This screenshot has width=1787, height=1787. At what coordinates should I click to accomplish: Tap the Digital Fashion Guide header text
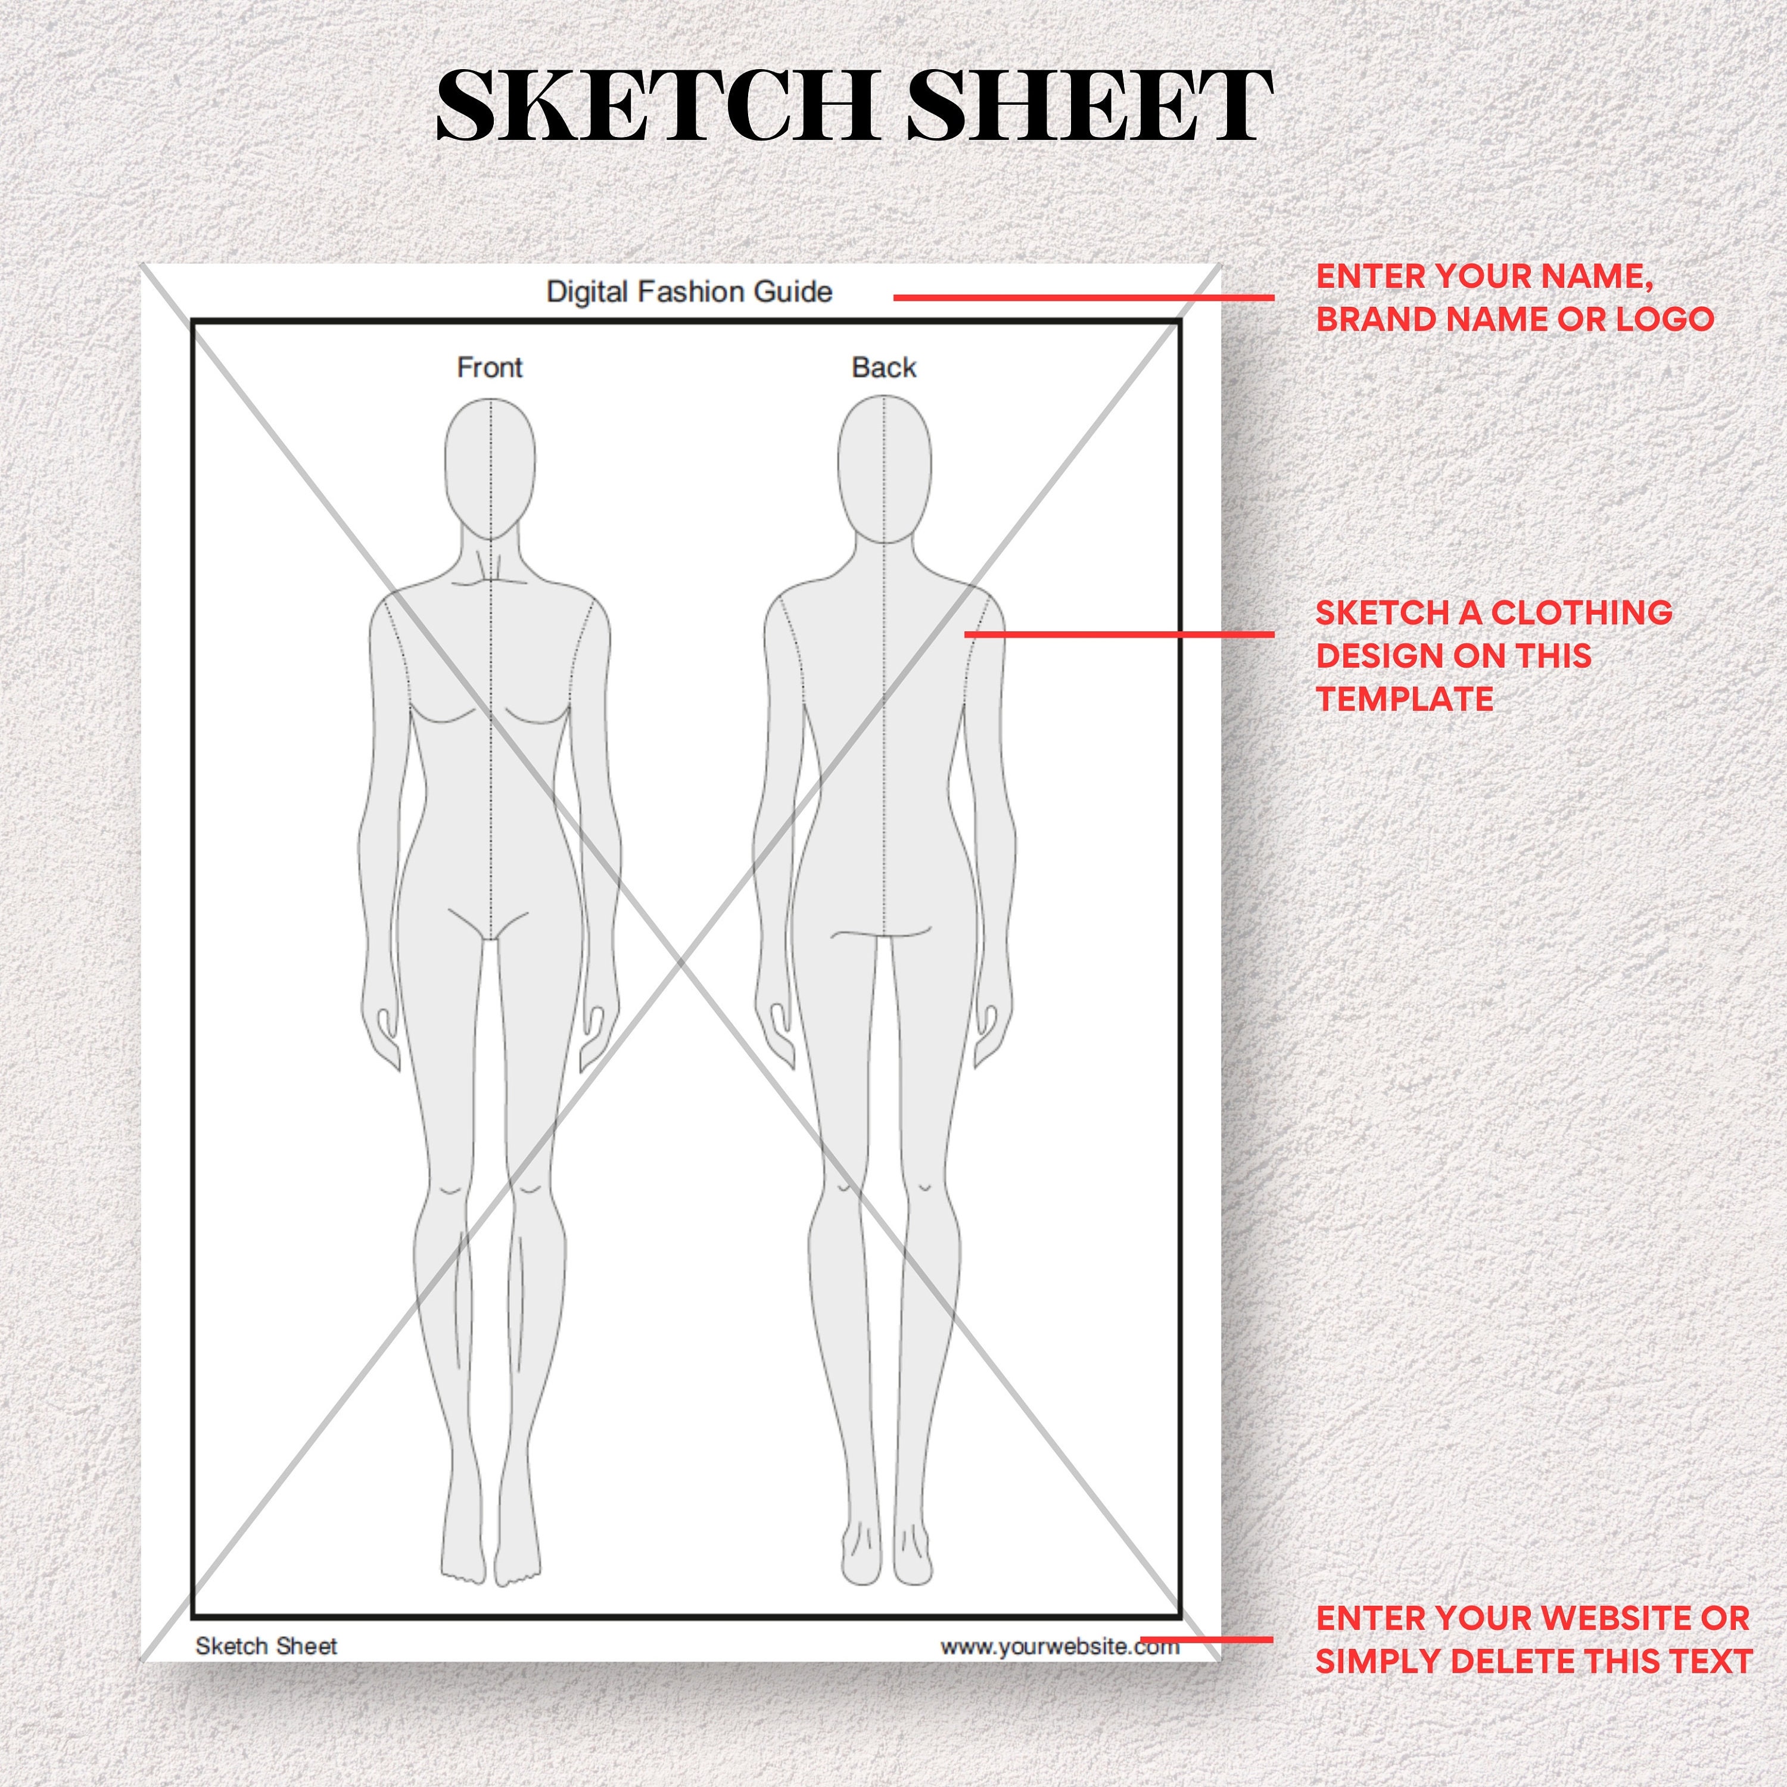[689, 292]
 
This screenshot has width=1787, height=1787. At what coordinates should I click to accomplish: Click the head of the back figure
[884, 467]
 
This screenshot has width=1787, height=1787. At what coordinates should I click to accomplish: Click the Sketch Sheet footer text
[266, 1646]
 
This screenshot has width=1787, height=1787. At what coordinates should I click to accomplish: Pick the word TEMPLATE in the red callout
[1404, 699]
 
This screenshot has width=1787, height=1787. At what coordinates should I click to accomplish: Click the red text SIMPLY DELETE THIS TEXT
[1534, 1661]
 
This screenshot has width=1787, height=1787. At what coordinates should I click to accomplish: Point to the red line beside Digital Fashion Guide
[1082, 298]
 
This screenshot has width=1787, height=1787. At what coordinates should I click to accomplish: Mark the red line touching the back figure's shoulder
[1119, 634]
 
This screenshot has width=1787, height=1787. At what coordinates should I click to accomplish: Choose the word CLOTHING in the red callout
[1581, 612]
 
